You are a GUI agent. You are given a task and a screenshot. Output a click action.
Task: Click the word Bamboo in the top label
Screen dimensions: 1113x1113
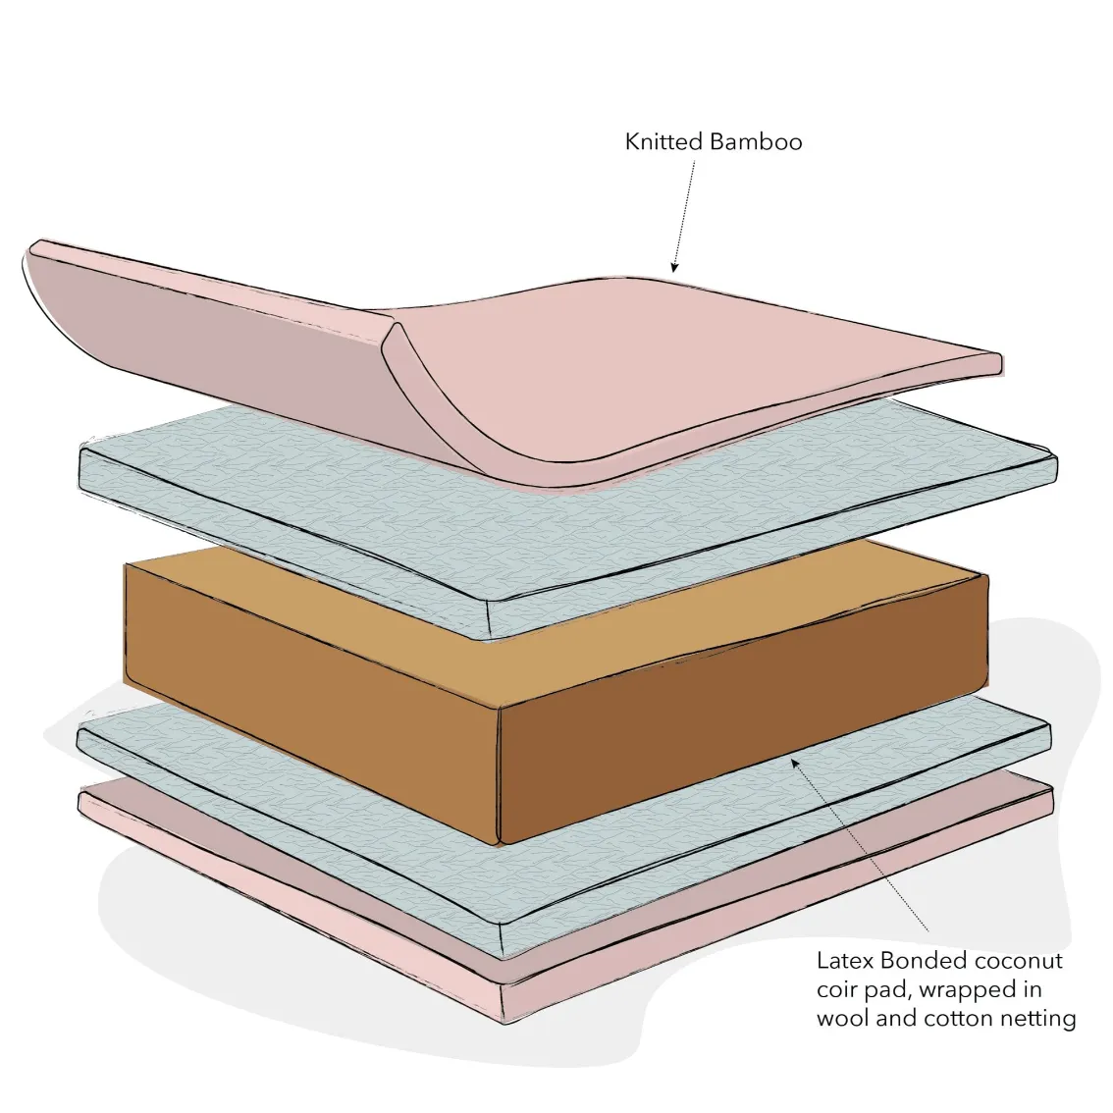tap(757, 142)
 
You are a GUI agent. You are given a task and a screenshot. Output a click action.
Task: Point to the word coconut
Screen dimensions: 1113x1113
tap(1018, 961)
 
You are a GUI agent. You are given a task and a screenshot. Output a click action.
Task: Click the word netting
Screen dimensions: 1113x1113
tap(1038, 1020)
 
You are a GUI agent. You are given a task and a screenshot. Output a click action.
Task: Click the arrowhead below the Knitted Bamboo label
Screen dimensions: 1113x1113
tap(674, 267)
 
